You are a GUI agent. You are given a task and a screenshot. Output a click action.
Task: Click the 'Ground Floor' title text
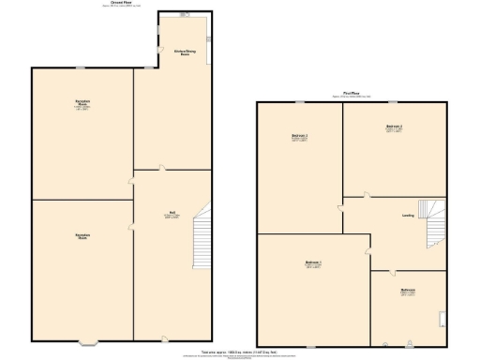pos(118,4)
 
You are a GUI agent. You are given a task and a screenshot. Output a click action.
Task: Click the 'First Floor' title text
pos(352,94)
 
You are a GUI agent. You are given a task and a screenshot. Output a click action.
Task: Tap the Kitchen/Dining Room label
pos(172,52)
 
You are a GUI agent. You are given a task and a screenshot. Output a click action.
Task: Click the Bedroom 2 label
pos(394,127)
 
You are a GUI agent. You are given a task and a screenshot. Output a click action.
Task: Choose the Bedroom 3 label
pos(300,137)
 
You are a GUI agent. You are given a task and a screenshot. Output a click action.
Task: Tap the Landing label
pos(409,216)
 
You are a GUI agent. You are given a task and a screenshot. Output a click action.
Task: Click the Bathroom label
pos(408,291)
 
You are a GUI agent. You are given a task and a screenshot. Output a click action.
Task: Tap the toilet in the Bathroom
pos(409,341)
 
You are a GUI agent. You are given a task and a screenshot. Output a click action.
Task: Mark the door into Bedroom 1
pos(367,248)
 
